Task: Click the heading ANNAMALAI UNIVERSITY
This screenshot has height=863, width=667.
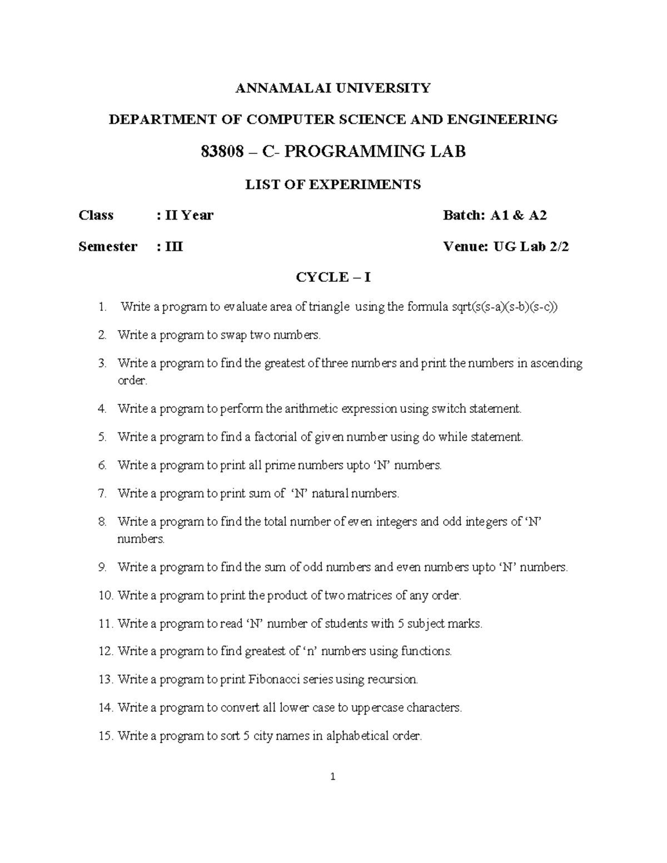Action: click(x=333, y=88)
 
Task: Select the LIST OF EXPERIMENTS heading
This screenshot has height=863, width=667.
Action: click(x=333, y=184)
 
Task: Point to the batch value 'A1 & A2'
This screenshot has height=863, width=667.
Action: click(x=518, y=215)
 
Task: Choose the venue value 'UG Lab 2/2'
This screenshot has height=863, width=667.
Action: click(x=531, y=246)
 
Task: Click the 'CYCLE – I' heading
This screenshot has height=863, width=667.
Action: click(x=333, y=277)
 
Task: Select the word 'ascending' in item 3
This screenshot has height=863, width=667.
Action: click(x=556, y=363)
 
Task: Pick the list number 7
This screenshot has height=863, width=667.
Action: click(x=102, y=493)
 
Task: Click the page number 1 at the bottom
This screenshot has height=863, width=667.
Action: click(x=333, y=777)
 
